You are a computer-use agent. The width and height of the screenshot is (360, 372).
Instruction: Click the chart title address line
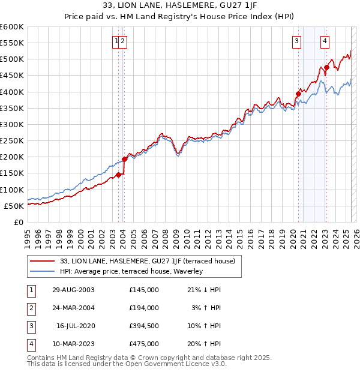click(x=180, y=5)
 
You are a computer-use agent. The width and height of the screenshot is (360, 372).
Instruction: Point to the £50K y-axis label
click(x=14, y=206)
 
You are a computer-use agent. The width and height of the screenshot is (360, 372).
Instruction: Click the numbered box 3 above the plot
click(x=296, y=41)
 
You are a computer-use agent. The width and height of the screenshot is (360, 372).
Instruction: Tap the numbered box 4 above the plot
click(x=325, y=41)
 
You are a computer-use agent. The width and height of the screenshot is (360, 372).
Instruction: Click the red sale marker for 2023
click(x=326, y=67)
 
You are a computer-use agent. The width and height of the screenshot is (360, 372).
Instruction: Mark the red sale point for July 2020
click(x=298, y=94)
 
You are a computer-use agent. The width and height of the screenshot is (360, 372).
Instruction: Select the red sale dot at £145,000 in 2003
click(x=119, y=175)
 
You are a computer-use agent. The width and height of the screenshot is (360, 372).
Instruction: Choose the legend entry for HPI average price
click(x=131, y=271)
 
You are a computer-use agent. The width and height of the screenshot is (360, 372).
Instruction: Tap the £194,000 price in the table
click(x=144, y=308)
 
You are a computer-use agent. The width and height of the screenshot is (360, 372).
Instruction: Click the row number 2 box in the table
click(x=30, y=308)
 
